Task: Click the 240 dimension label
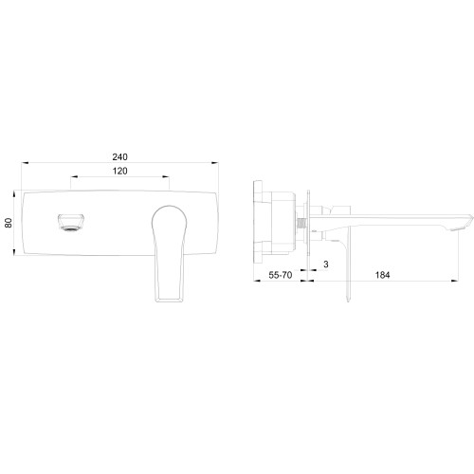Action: coord(120,156)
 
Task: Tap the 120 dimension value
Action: coord(120,171)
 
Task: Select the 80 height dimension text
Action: coord(9,223)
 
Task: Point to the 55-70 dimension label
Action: coord(281,275)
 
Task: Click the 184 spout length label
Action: coord(382,275)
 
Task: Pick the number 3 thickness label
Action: coord(326,264)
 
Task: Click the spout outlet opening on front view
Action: coord(71,223)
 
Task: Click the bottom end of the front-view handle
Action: coord(169,300)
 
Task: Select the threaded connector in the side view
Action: coord(301,226)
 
